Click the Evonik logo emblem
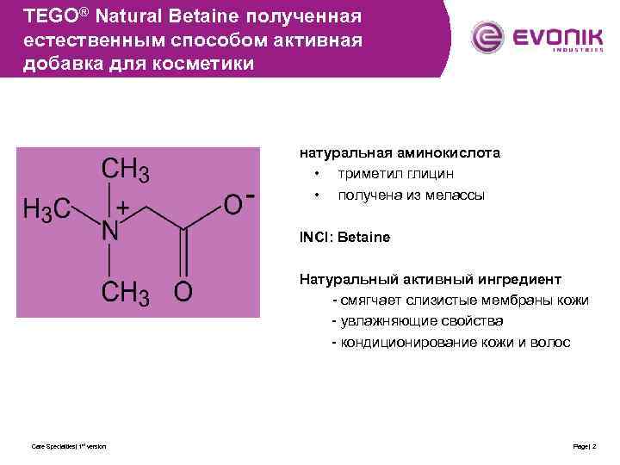[x=488, y=37]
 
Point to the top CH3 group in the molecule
[x=126, y=170]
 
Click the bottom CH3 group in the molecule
[x=126, y=294]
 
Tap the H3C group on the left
[x=46, y=209]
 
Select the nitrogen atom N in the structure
[x=110, y=231]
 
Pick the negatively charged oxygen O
[x=234, y=205]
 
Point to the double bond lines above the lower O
[x=183, y=253]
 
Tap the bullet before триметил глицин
[x=317, y=174]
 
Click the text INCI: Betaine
[x=344, y=237]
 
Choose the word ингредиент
[x=518, y=279]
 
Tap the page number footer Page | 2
[x=585, y=446]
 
